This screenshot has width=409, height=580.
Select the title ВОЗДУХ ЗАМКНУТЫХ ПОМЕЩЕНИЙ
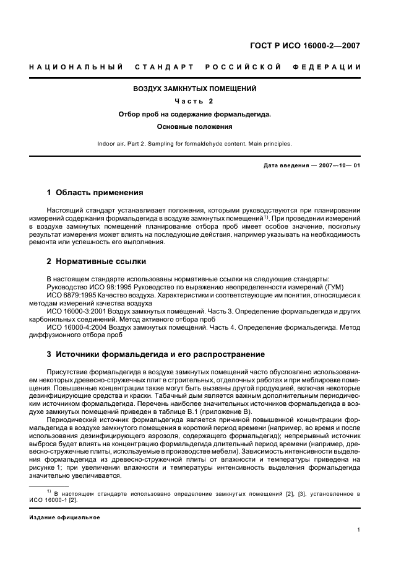click(x=195, y=89)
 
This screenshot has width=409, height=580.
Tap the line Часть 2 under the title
click(x=195, y=101)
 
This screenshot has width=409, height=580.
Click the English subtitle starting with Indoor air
click(x=195, y=144)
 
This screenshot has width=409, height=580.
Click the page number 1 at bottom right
click(x=359, y=530)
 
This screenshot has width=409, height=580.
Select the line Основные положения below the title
click(x=195, y=126)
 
